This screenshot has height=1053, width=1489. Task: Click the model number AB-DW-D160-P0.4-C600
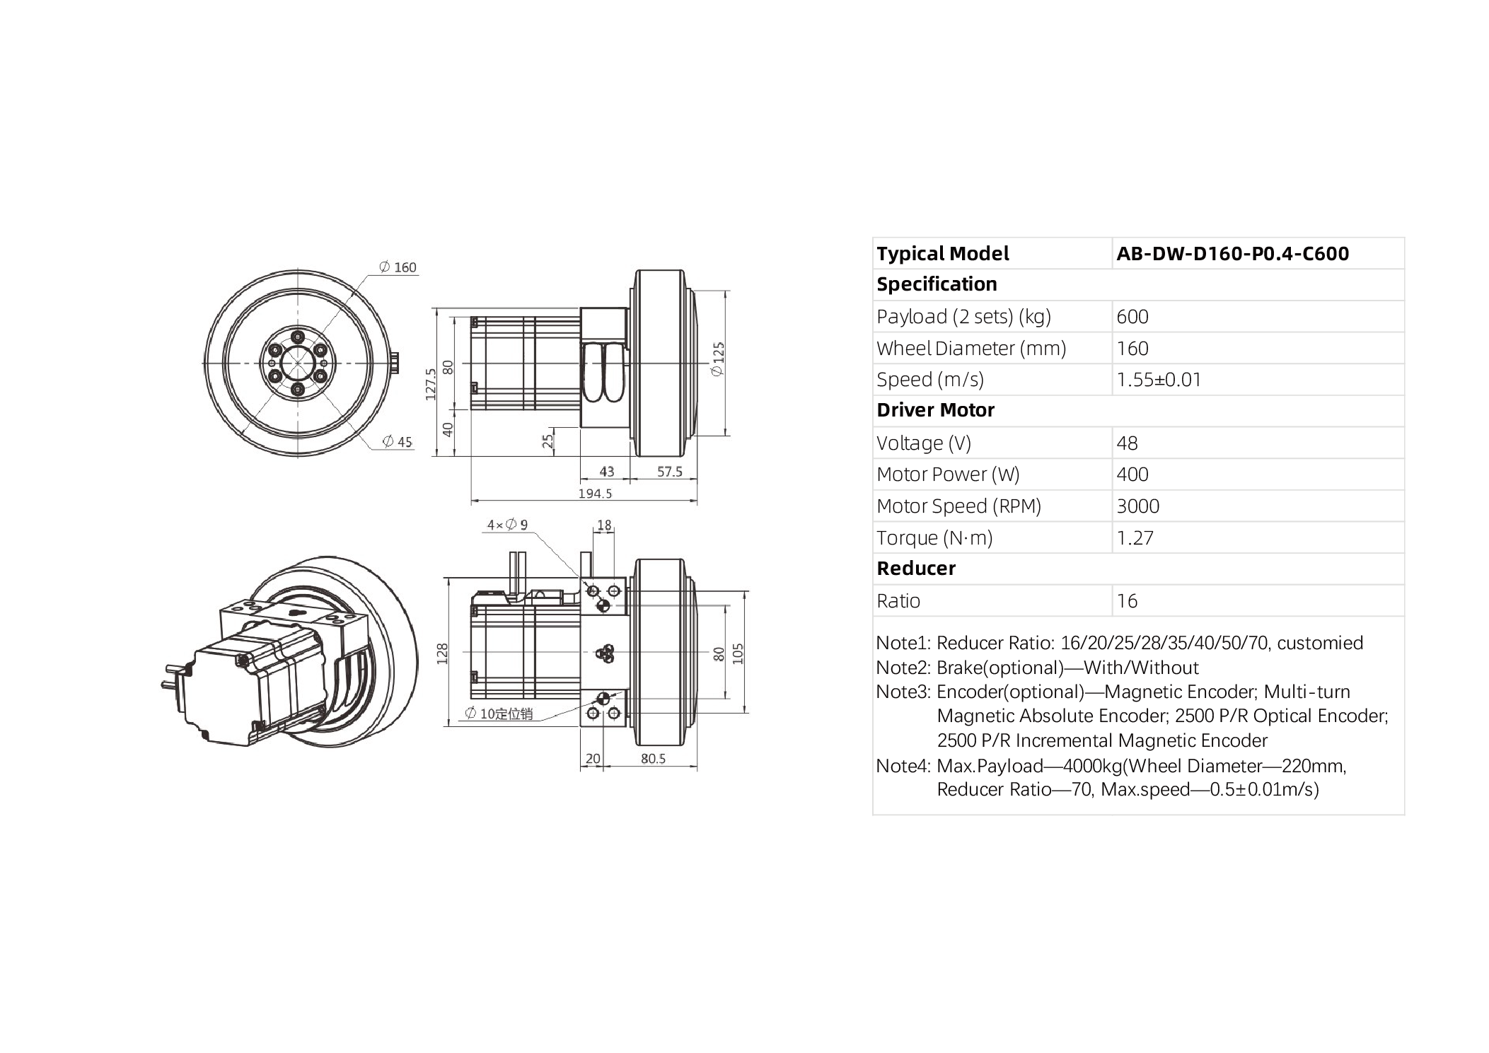[x=1232, y=254]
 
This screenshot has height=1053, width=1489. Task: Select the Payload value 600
[x=1132, y=317]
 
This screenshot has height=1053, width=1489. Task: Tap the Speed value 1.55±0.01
[x=1158, y=380]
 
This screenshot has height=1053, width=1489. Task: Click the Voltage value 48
[x=1126, y=443]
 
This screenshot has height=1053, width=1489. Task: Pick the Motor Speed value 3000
[x=1137, y=506]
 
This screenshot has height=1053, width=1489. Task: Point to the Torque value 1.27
[x=1135, y=538]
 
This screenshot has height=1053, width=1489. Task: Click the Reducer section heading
[x=915, y=569]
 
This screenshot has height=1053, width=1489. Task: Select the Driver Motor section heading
[x=935, y=410]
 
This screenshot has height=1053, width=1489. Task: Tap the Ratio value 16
[x=1126, y=601]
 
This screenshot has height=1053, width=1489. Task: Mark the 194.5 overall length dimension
[x=594, y=494]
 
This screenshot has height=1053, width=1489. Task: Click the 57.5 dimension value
[x=669, y=472]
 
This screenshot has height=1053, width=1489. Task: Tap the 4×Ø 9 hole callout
[x=506, y=525]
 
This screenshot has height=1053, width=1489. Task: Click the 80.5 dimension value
[x=653, y=759]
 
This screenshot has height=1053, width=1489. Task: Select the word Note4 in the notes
[x=902, y=766]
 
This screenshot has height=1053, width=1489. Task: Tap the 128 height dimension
[x=443, y=653]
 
